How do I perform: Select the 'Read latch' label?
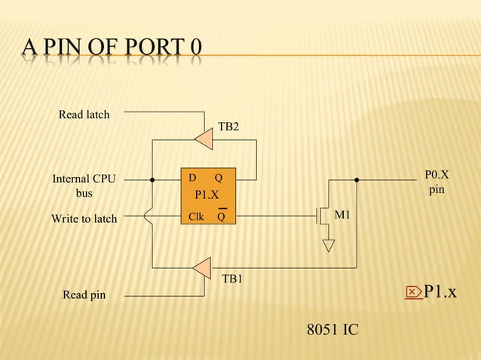[x=84, y=114]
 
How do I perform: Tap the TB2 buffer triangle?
[x=204, y=137]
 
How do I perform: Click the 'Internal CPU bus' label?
[x=84, y=186]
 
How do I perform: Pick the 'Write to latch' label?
[x=84, y=218]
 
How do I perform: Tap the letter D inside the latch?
[x=192, y=178]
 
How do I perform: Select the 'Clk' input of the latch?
[x=195, y=218]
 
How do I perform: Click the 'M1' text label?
[x=342, y=215]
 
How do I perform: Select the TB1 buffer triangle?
[x=202, y=267]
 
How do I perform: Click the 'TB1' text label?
[x=232, y=279]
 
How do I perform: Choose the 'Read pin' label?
[x=84, y=295]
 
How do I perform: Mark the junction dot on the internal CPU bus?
[x=152, y=180]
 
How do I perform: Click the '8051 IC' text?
[x=332, y=330]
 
